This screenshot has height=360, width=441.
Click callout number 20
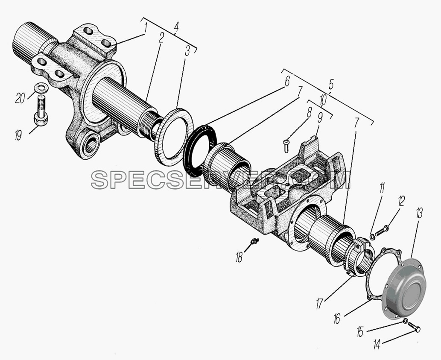click(20, 98)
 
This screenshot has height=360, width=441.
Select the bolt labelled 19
click(41, 110)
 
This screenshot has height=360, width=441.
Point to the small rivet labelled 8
click(286, 146)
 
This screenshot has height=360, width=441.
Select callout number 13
click(419, 214)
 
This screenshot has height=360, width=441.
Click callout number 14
click(377, 344)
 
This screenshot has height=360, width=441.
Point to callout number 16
click(337, 319)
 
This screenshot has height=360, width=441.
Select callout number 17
click(319, 304)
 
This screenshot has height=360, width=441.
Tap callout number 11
click(382, 188)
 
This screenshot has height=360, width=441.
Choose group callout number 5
click(331, 84)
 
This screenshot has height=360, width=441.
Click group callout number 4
click(176, 27)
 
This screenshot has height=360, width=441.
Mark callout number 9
click(320, 120)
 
